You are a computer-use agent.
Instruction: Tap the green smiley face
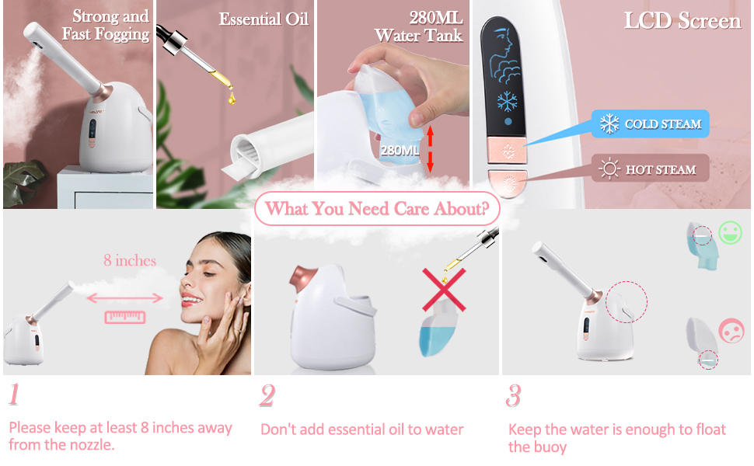pos(729,233)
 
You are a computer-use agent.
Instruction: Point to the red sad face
pos(731,331)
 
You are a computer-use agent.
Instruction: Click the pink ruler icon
pos(124,317)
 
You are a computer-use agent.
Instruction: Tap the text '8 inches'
pos(130,260)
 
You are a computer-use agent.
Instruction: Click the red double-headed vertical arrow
pos(428,149)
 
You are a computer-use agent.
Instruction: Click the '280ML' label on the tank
pos(400,150)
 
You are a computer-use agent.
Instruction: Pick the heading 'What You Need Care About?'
pos(377,208)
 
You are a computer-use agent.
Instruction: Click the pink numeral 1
pos(13,395)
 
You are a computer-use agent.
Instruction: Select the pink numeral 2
pos(267,396)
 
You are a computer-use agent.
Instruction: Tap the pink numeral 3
pos(513,396)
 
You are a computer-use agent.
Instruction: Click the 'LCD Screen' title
pos(682,21)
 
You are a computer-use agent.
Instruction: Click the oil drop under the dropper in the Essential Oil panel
pos(231,99)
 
